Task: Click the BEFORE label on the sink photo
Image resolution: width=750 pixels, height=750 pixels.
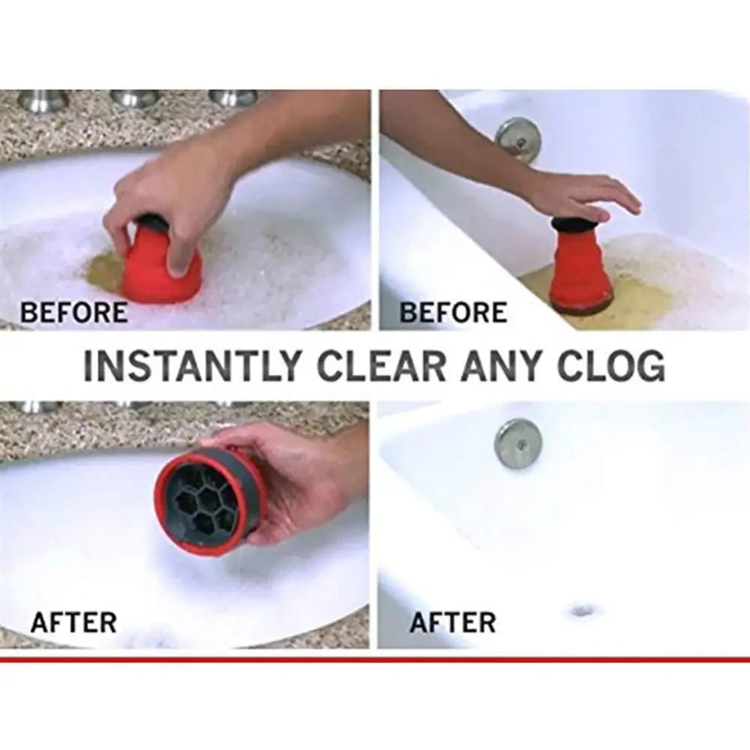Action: [73, 311]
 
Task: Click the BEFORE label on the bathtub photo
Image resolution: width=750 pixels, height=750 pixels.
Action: [453, 311]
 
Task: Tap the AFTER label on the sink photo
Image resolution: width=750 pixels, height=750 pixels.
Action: [73, 622]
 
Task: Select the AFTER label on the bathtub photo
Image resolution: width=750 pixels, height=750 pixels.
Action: [453, 622]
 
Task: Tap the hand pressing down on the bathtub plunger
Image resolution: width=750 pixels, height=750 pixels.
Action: [585, 195]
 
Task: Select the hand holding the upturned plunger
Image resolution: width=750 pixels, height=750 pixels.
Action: [300, 480]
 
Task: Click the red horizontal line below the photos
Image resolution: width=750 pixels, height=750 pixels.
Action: [375, 659]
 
